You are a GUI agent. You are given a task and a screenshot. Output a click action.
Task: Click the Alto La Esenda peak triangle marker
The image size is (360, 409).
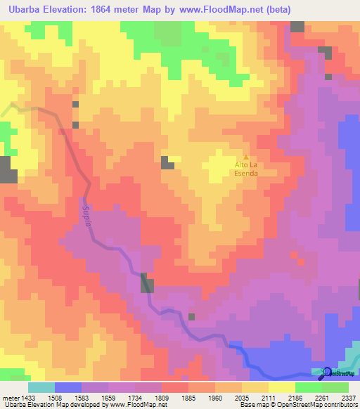245,157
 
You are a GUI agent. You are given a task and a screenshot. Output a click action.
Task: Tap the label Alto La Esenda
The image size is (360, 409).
246,169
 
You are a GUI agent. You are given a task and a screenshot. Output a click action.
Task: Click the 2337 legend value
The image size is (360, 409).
347,397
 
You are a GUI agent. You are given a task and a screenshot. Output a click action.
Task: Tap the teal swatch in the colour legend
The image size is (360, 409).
41,387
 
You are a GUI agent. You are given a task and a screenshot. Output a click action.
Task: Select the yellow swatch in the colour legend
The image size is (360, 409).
281,387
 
